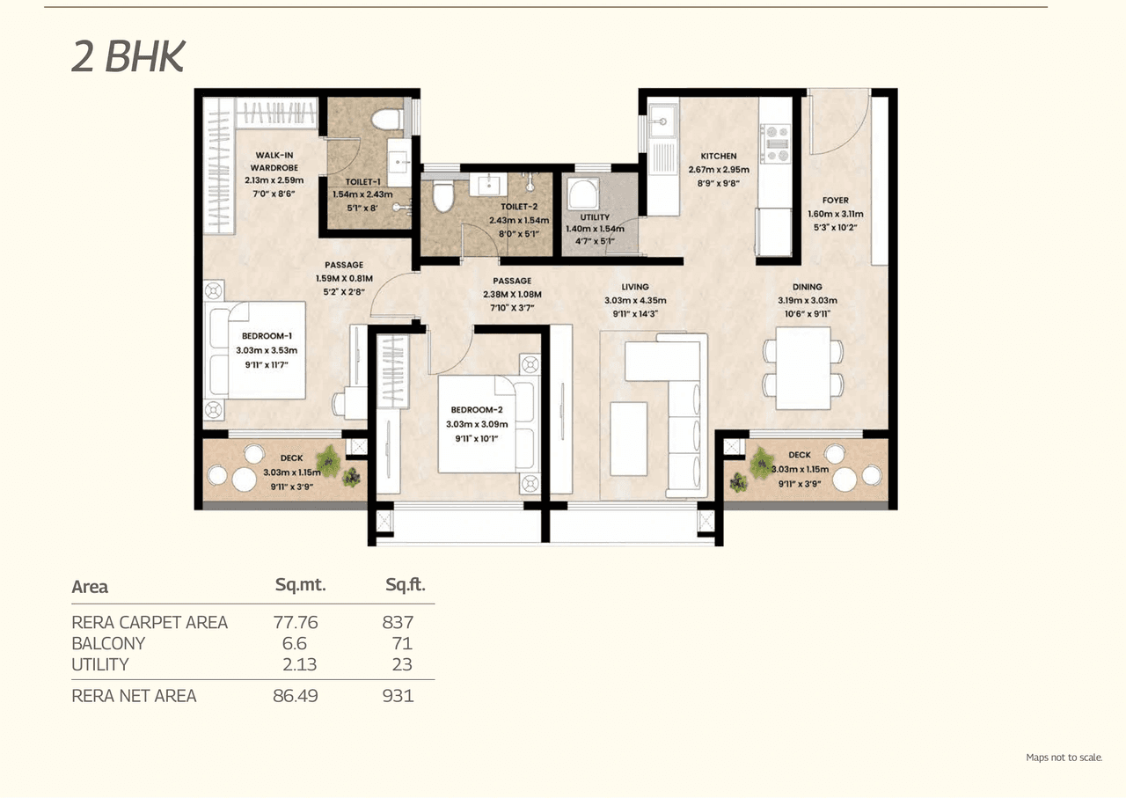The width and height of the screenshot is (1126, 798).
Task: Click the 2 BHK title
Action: tap(128, 56)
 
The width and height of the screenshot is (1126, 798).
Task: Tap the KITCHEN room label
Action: tap(718, 157)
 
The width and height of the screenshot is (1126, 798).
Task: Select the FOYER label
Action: tap(835, 201)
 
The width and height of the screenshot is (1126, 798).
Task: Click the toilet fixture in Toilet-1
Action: tap(385, 119)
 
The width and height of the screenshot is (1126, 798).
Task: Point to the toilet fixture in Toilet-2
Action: tap(442, 196)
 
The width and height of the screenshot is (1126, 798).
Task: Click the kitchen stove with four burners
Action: tap(776, 143)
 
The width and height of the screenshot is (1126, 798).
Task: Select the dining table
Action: tap(803, 368)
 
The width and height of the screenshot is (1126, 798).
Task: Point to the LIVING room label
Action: tap(634, 287)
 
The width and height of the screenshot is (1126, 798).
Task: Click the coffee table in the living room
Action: tap(628, 438)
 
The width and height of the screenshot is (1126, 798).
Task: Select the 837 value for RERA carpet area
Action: tap(398, 622)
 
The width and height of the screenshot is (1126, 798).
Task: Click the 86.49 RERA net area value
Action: tap(296, 696)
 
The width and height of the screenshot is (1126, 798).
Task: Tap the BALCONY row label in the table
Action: tap(108, 643)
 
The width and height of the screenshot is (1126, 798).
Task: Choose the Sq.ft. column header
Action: tap(405, 585)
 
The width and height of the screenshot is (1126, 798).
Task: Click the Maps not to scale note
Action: tap(1064, 758)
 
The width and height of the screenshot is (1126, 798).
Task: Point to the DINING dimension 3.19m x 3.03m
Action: tap(807, 299)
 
